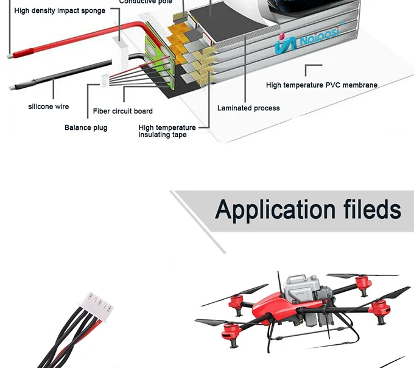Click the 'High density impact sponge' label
pos(60,11)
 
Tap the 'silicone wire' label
pos(49,107)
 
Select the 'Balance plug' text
pos(86,128)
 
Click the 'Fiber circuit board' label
pos(123,111)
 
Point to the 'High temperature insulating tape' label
pos(167,131)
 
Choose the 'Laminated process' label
pos(248,108)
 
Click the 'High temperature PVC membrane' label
pos(321,85)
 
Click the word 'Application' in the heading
pos(275,210)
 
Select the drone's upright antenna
pos(279,283)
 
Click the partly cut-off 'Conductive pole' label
pos(146,2)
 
